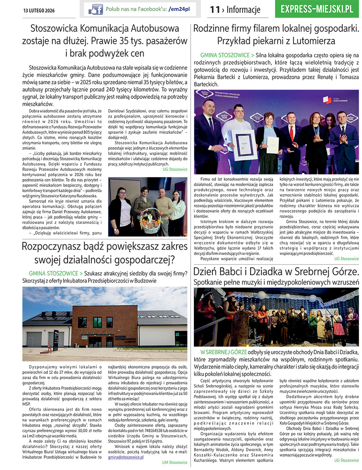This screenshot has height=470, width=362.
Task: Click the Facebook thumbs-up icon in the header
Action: tap(96, 9)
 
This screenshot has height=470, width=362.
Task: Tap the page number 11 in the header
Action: tap(214, 10)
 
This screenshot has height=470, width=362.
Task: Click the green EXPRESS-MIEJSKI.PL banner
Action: tap(317, 9)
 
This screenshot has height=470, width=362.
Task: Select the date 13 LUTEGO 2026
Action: tap(39, 10)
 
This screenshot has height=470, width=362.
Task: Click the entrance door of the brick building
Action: tap(95, 341)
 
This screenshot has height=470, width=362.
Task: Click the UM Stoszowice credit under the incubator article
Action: tap(175, 462)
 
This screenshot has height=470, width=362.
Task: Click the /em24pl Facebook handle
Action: tap(180, 9)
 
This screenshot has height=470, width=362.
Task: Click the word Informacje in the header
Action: tap(243, 10)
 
